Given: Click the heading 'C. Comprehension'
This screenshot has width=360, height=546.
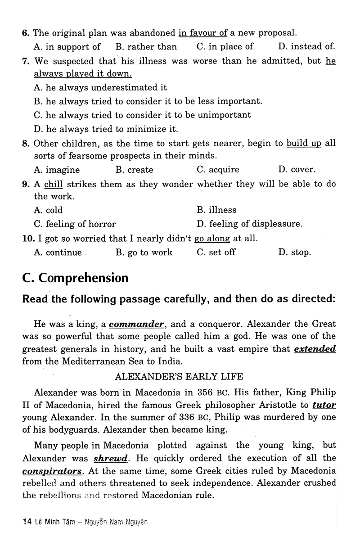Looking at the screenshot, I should click(75, 278).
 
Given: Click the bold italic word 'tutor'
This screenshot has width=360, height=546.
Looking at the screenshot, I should click(324, 405).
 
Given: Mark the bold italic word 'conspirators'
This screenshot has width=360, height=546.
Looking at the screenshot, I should click(58, 471).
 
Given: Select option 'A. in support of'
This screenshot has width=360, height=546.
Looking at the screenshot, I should click(67, 46).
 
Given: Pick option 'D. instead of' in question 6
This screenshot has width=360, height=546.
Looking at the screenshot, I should click(306, 46).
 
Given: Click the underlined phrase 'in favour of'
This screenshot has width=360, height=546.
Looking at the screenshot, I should click(203, 32).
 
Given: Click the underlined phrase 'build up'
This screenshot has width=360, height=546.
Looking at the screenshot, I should click(304, 144).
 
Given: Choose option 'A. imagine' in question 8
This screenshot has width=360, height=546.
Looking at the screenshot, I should click(57, 170).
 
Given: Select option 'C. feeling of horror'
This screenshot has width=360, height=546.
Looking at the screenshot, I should click(75, 224).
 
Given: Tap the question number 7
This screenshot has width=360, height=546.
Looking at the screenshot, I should click(26, 61).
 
